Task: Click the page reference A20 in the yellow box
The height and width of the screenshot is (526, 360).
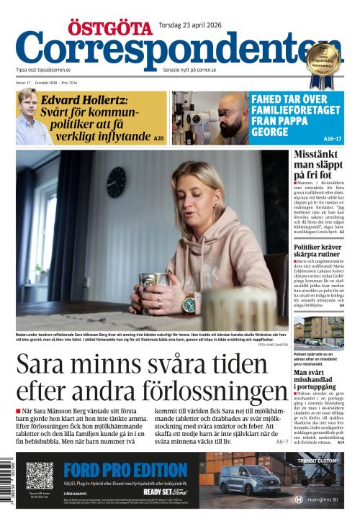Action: coord(158,137)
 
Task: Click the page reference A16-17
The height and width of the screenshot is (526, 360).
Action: coord(333,138)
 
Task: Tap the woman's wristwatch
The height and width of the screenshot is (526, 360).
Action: coord(189,303)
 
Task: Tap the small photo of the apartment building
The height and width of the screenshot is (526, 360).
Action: coord(318,333)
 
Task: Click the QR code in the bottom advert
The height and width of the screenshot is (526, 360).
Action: coord(40,476)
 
